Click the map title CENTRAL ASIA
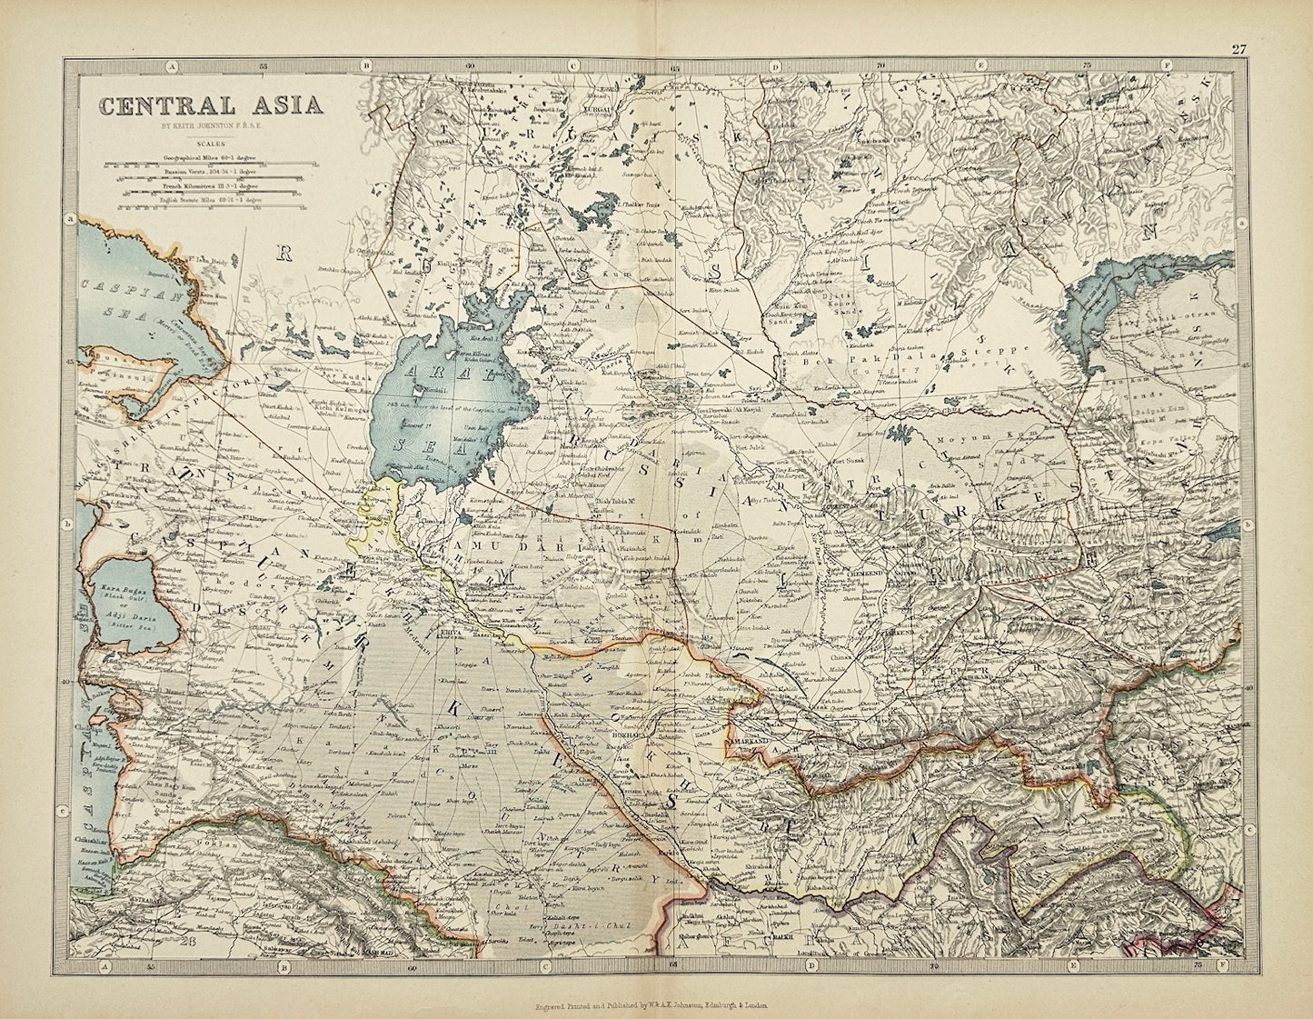tap(211, 104)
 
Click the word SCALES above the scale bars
tap(210, 142)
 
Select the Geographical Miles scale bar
tap(208, 165)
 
